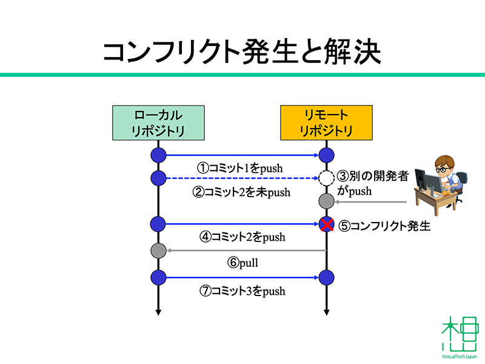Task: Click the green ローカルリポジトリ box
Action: [x=158, y=123]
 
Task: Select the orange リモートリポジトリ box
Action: [x=326, y=123]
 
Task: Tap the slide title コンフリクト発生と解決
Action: [x=242, y=52]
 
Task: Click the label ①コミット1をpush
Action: [x=240, y=168]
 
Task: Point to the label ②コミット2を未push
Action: [x=241, y=192]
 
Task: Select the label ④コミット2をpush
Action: [x=242, y=237]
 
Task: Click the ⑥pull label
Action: [x=242, y=263]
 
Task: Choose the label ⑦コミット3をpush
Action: [x=242, y=291]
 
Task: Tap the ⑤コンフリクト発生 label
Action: [x=384, y=226]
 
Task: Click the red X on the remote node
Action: [x=327, y=224]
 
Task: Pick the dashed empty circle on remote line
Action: [x=326, y=178]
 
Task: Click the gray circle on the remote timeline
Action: [x=326, y=201]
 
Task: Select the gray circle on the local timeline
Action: [x=158, y=251]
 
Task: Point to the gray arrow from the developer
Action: [x=370, y=202]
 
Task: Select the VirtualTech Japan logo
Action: [x=460, y=337]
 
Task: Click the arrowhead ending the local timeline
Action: [x=158, y=312]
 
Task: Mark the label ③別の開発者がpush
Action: [x=373, y=183]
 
